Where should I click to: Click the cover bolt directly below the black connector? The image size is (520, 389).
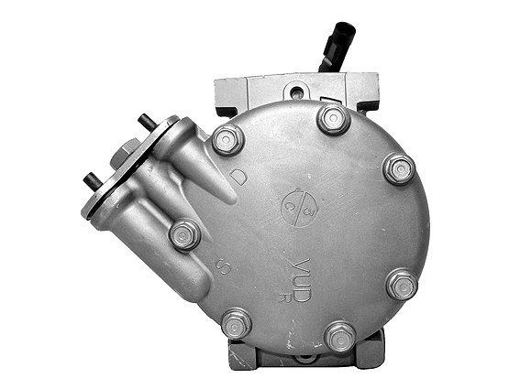click(x=333, y=118)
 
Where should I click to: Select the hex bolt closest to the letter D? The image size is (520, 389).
click(x=227, y=140)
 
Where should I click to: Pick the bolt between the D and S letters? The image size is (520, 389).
click(x=184, y=235)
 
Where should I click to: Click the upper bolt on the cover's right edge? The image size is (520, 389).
click(x=398, y=168)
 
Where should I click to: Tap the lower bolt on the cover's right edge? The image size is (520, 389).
click(x=402, y=285)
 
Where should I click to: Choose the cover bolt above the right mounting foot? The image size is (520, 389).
click(x=340, y=336)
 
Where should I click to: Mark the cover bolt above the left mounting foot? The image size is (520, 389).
click(x=237, y=323)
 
